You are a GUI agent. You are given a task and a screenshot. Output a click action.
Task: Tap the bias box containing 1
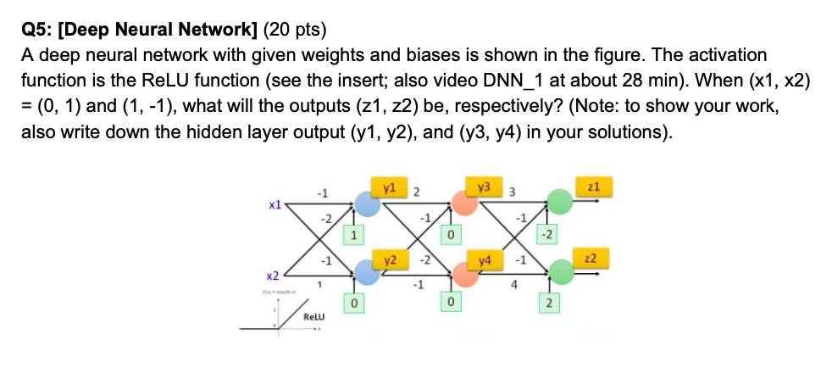pos(355,233)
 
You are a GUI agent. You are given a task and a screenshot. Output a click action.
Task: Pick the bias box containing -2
pos(547,233)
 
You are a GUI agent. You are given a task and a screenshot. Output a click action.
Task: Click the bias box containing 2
pos(547,303)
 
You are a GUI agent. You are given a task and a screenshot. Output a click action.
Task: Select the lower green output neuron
pos(557,272)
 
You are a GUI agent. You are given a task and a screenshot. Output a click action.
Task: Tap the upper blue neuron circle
pos(367,204)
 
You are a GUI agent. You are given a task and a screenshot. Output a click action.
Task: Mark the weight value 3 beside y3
pos(512,192)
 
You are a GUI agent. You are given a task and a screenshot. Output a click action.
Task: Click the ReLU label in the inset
pos(316,318)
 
